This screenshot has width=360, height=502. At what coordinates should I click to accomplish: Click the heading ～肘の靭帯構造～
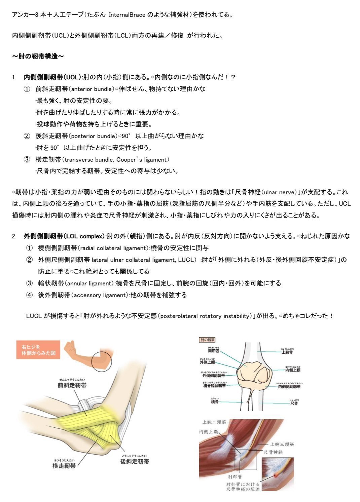(38, 56)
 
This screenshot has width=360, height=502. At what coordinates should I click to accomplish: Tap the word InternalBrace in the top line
(127, 15)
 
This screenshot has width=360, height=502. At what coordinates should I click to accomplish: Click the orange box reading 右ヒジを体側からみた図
(38, 350)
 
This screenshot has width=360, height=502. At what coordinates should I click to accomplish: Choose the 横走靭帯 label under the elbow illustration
(64, 466)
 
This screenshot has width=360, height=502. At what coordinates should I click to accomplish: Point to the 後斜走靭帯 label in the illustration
(135, 462)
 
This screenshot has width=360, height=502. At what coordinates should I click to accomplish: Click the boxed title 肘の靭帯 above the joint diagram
(207, 340)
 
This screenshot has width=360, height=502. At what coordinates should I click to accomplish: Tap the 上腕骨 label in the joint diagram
(287, 352)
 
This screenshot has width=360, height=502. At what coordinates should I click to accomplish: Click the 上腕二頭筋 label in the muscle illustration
(214, 422)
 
